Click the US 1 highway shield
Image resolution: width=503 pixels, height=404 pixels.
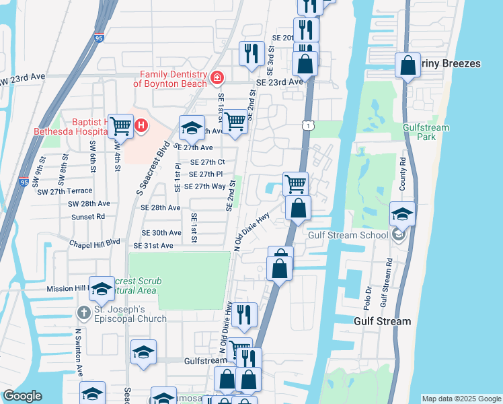(307, 125)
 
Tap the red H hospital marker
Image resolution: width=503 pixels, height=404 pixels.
(141, 125)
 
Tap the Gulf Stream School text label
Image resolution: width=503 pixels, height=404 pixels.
(348, 235)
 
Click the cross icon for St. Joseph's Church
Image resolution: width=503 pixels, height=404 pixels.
(83, 312)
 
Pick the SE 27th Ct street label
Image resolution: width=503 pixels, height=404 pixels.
(207, 162)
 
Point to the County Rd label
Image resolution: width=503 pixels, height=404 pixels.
(402, 174)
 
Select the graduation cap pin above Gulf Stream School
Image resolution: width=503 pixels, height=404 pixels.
(402, 213)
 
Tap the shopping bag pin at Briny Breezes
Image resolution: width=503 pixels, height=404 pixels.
(408, 65)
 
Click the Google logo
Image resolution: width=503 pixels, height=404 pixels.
(23, 396)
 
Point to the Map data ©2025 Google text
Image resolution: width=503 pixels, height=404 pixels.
(461, 399)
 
